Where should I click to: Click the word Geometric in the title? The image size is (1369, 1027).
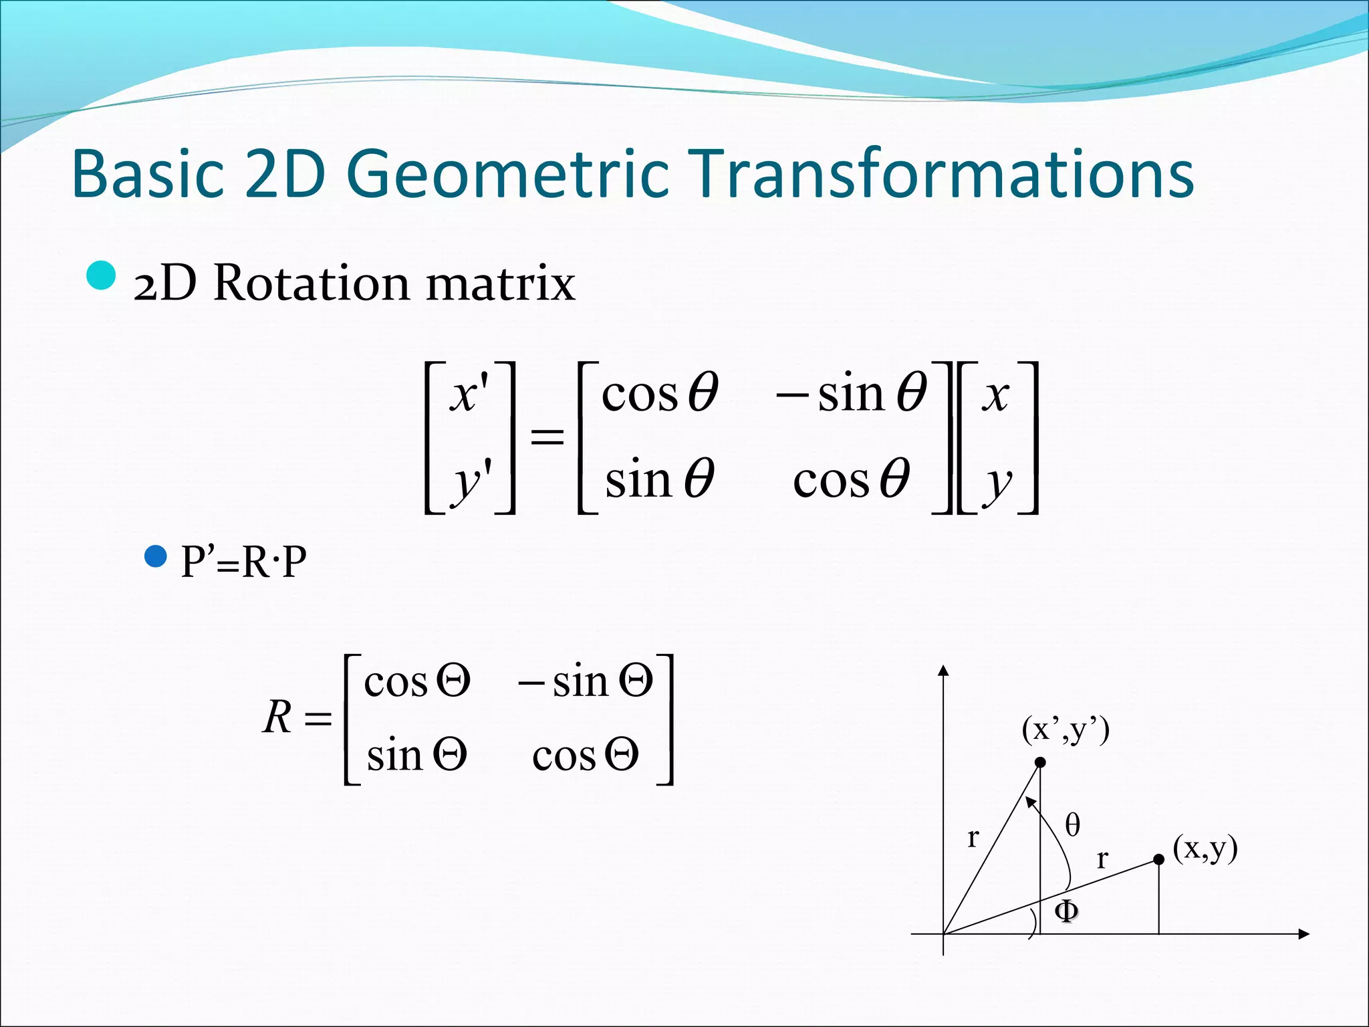pyautogui.click(x=508, y=174)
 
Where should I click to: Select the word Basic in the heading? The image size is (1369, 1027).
pyautogui.click(x=147, y=174)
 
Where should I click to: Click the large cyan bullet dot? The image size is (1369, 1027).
pyautogui.click(x=102, y=275)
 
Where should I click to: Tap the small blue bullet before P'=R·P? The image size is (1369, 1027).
pyautogui.click(x=156, y=556)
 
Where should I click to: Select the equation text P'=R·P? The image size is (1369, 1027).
pyautogui.click(x=244, y=562)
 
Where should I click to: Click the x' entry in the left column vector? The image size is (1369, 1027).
pyautogui.click(x=469, y=394)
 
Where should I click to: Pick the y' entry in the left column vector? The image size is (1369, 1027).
pyautogui.click(x=472, y=480)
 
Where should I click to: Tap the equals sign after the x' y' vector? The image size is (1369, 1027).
pyautogui.click(x=547, y=438)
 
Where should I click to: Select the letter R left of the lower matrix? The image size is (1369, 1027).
pyautogui.click(x=277, y=717)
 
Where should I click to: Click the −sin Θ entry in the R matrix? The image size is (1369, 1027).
pyautogui.click(x=586, y=682)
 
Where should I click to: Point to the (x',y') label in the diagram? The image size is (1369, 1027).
pyautogui.click(x=1066, y=729)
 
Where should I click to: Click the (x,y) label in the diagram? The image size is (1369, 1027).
pyautogui.click(x=1205, y=848)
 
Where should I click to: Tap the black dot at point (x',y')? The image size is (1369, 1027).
pyautogui.click(x=1040, y=762)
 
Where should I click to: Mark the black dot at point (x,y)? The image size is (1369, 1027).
pyautogui.click(x=1159, y=860)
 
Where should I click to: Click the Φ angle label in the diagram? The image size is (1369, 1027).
pyautogui.click(x=1066, y=911)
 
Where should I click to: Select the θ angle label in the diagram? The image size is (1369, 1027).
pyautogui.click(x=1072, y=824)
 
